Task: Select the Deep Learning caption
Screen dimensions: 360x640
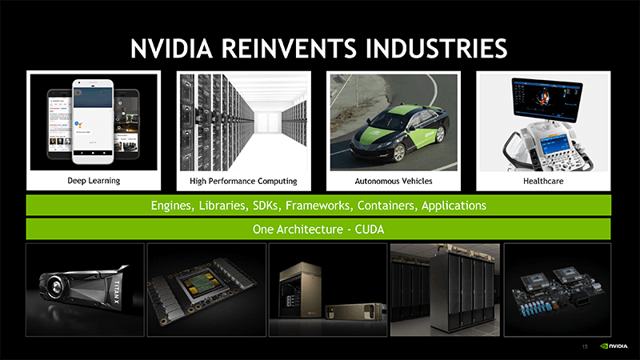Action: coord(94,181)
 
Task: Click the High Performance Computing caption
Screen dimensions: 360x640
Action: coord(243,182)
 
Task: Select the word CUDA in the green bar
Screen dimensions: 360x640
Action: coord(369,230)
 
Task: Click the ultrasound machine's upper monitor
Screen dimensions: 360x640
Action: coord(545,100)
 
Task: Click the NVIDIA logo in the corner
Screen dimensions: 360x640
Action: coord(614,346)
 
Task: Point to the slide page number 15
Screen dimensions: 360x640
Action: coord(586,346)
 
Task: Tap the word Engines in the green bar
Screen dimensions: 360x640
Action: coord(171,206)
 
